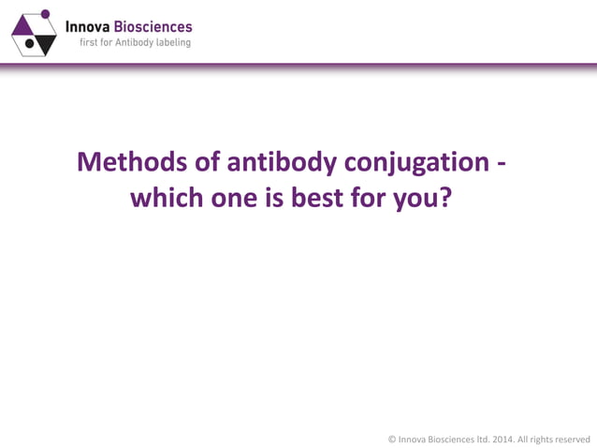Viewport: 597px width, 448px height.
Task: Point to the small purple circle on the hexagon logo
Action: tap(43, 17)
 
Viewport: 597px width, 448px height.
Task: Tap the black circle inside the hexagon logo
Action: tap(30, 43)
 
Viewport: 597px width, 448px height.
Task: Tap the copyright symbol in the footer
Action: tap(392, 438)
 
